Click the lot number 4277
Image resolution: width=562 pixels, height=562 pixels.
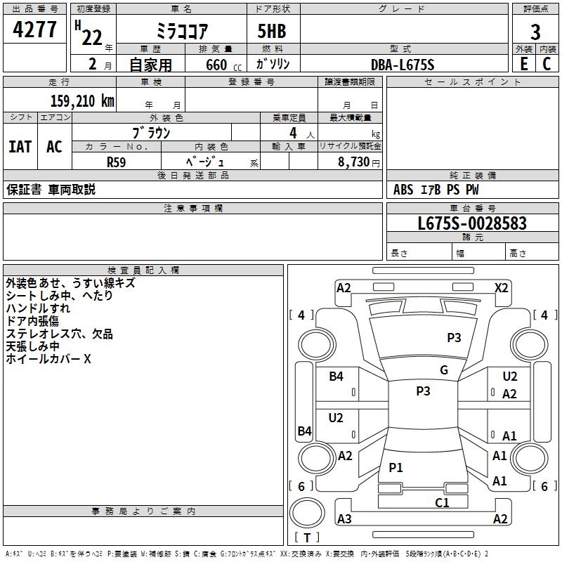[x=35, y=30]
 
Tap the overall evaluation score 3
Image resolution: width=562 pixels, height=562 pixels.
[x=535, y=32]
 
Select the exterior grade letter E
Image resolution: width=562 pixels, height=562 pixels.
[x=523, y=63]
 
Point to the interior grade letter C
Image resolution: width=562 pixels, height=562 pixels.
[x=547, y=63]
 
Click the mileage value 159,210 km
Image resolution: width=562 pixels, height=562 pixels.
[x=81, y=100]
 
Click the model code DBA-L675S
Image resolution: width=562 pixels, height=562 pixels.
[x=403, y=65]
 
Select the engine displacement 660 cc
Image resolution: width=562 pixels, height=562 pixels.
[x=216, y=65]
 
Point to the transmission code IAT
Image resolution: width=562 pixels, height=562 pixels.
[x=20, y=147]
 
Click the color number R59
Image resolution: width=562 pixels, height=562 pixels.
[x=117, y=161]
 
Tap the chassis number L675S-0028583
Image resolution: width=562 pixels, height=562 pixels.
[x=472, y=224]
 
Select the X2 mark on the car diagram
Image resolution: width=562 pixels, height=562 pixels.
[x=501, y=287]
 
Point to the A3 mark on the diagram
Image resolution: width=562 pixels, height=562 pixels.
[x=344, y=519]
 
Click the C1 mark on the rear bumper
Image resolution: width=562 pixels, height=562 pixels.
[x=442, y=502]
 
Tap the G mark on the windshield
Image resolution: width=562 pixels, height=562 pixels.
[x=443, y=370]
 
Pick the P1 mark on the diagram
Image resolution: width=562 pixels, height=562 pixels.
[x=396, y=467]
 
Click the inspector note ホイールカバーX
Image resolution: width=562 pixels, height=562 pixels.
[x=48, y=359]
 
